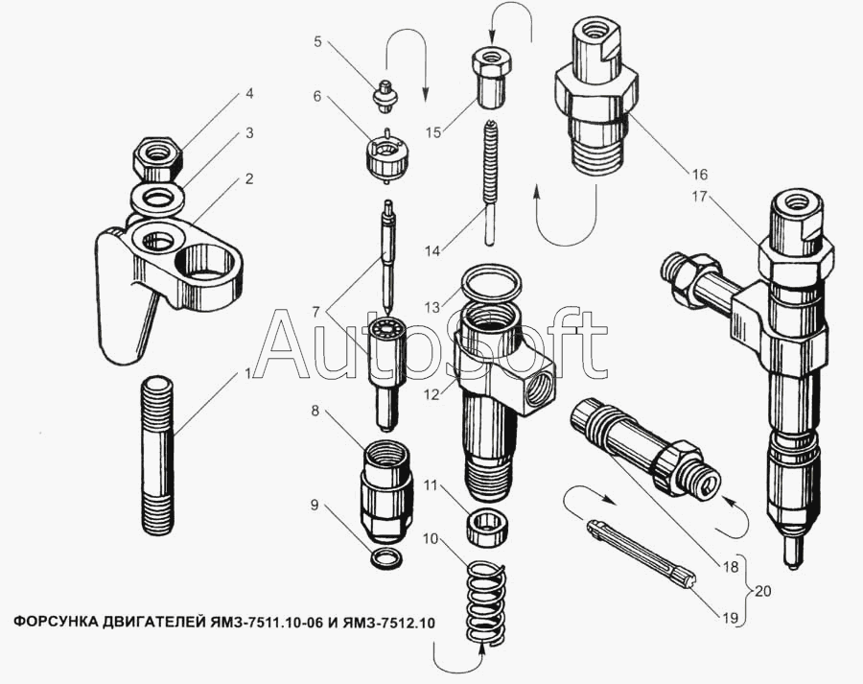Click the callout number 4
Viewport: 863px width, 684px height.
point(249,93)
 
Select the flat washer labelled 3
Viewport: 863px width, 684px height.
point(157,199)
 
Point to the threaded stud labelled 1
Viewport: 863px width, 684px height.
point(158,455)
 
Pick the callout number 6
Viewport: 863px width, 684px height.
point(317,96)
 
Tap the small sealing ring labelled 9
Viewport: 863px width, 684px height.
point(386,559)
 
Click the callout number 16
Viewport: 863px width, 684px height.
point(699,175)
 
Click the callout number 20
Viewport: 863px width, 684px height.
point(763,592)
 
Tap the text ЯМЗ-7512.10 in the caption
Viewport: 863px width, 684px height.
point(388,624)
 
